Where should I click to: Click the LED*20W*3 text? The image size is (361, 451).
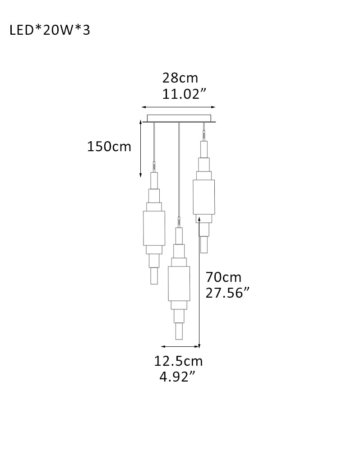(50, 30)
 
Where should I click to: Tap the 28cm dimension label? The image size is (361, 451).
(180, 78)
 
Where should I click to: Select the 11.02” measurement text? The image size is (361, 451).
(185, 94)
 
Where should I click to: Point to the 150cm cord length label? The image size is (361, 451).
(109, 147)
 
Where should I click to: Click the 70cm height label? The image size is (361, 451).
(223, 277)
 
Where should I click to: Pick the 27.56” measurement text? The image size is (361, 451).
(227, 293)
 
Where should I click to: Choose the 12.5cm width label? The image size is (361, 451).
(179, 361)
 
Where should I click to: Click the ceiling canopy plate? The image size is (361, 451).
(179, 119)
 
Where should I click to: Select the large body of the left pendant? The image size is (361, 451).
(154, 228)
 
